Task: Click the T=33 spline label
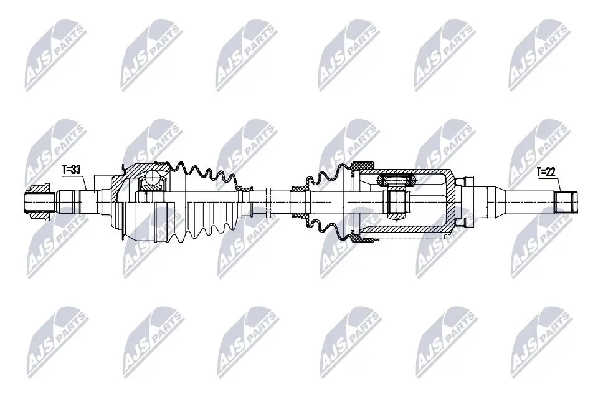tap(72, 168)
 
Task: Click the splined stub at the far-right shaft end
tap(566, 201)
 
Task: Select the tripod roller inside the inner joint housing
tap(397, 181)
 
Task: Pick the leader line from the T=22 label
tap(558, 184)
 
